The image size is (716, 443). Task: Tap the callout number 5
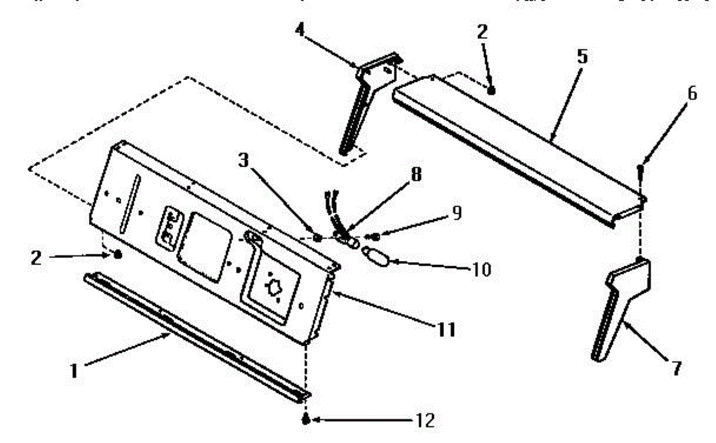tap(582, 57)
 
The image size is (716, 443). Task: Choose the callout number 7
tap(676, 368)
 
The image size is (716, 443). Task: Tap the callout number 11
tap(447, 329)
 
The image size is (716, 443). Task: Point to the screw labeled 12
tap(305, 420)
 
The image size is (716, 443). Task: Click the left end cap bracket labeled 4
tap(364, 96)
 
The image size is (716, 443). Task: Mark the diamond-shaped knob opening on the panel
tap(274, 288)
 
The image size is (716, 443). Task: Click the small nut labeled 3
tap(317, 238)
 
